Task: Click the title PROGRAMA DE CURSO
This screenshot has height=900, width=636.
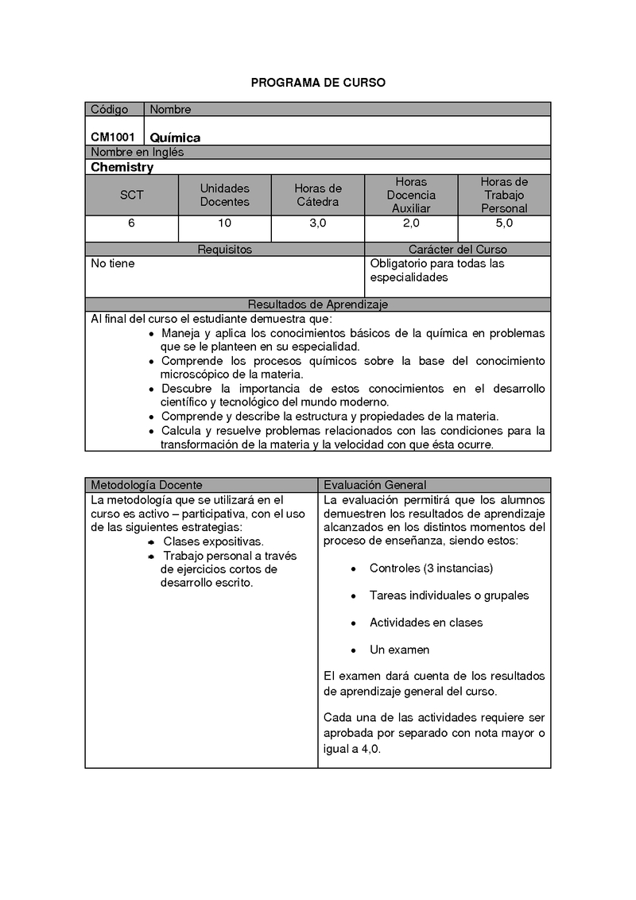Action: coord(318,83)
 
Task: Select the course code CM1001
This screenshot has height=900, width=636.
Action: coord(112,137)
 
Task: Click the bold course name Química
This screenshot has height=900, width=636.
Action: coord(175,138)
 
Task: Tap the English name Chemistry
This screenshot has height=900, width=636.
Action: coord(122,167)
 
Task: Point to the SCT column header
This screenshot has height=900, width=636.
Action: coord(131,195)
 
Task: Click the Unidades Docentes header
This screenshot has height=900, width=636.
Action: coord(224,195)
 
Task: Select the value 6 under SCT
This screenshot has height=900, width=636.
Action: coord(131,223)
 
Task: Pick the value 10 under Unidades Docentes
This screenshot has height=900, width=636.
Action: coord(224,223)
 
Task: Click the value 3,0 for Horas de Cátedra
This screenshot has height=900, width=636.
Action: coord(317,223)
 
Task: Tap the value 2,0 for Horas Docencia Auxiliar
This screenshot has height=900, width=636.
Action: coord(411,223)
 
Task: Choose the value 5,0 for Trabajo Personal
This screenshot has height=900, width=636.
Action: coord(504,223)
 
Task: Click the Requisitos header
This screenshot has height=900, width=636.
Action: coord(224,250)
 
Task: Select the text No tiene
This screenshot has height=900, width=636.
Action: coord(113,263)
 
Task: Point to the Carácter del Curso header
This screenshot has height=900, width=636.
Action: coord(457,250)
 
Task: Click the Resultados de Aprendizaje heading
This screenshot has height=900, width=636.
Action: coord(318,305)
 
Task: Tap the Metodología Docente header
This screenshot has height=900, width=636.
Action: coord(146,485)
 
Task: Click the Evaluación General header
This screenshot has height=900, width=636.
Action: coord(374,485)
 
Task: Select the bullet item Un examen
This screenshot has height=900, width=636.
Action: coord(399,650)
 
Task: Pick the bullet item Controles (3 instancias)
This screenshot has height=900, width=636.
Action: coord(431,568)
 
